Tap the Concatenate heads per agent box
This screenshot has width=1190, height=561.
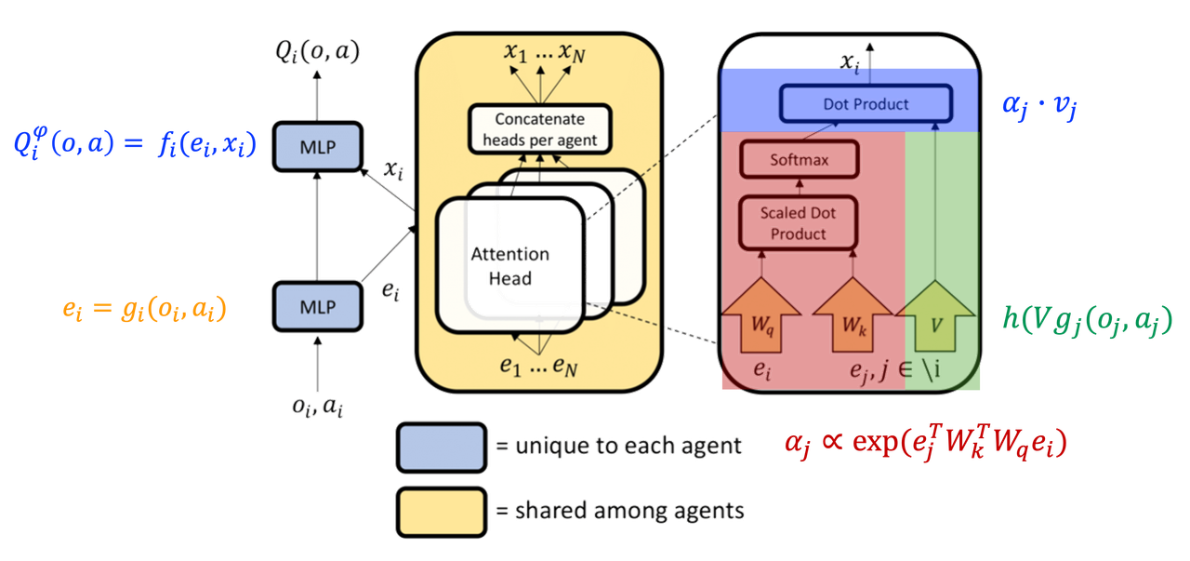click(538, 130)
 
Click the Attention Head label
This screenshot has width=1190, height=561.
click(510, 266)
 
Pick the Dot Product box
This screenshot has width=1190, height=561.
click(866, 104)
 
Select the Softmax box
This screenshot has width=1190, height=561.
click(797, 160)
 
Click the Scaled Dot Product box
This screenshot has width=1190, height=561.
click(797, 222)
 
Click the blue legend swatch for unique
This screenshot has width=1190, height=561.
click(440, 447)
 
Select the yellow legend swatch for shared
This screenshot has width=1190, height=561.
click(440, 510)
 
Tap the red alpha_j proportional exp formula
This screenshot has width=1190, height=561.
click(925, 444)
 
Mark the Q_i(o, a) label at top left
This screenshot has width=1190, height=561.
click(317, 52)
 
